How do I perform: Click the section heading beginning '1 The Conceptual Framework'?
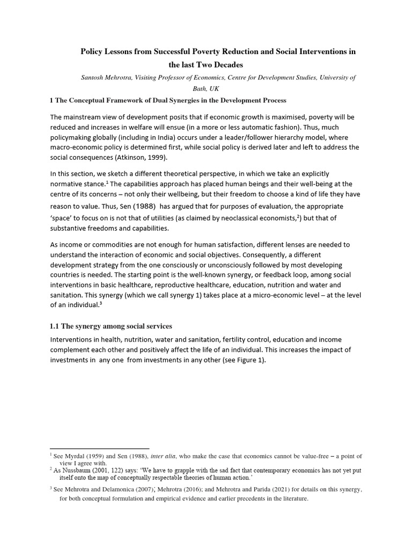pos(168,100)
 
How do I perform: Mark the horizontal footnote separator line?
pos(99,448)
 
